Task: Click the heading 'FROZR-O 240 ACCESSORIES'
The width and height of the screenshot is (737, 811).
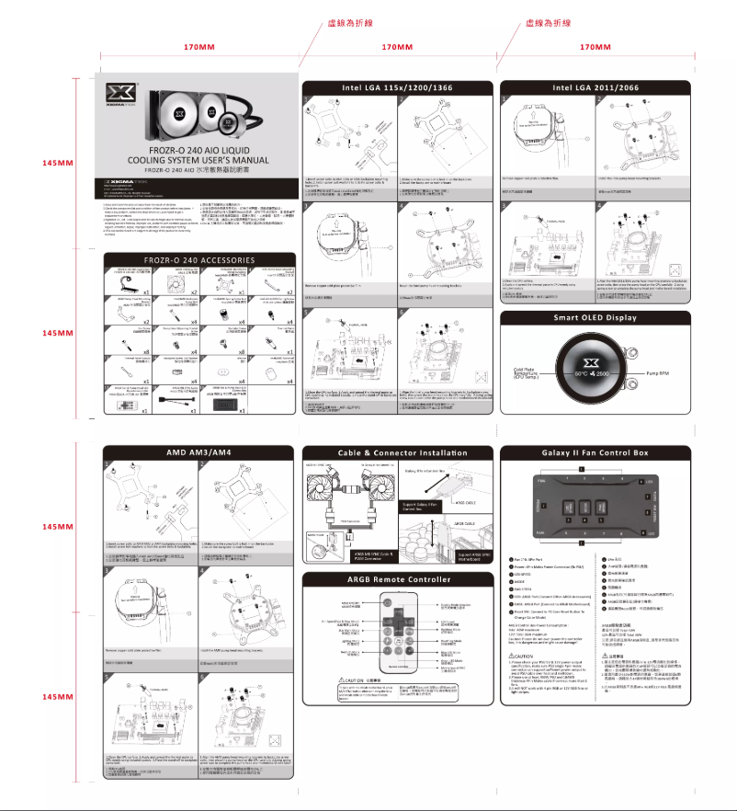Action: (198, 260)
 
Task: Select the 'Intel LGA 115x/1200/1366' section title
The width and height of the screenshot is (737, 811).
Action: (396, 87)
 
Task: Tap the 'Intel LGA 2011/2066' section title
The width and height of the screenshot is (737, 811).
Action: (595, 87)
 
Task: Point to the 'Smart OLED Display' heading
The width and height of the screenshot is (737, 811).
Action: (595, 318)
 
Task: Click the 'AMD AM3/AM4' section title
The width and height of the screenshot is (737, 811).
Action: (198, 452)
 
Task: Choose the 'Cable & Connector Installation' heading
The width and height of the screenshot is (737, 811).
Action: (396, 452)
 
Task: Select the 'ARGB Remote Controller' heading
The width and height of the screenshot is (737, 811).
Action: (396, 579)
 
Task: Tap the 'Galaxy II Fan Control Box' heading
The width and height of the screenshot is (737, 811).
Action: (595, 452)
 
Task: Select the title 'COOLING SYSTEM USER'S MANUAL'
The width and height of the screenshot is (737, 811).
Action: (198, 160)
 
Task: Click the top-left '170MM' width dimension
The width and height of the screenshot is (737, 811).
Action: (198, 46)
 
